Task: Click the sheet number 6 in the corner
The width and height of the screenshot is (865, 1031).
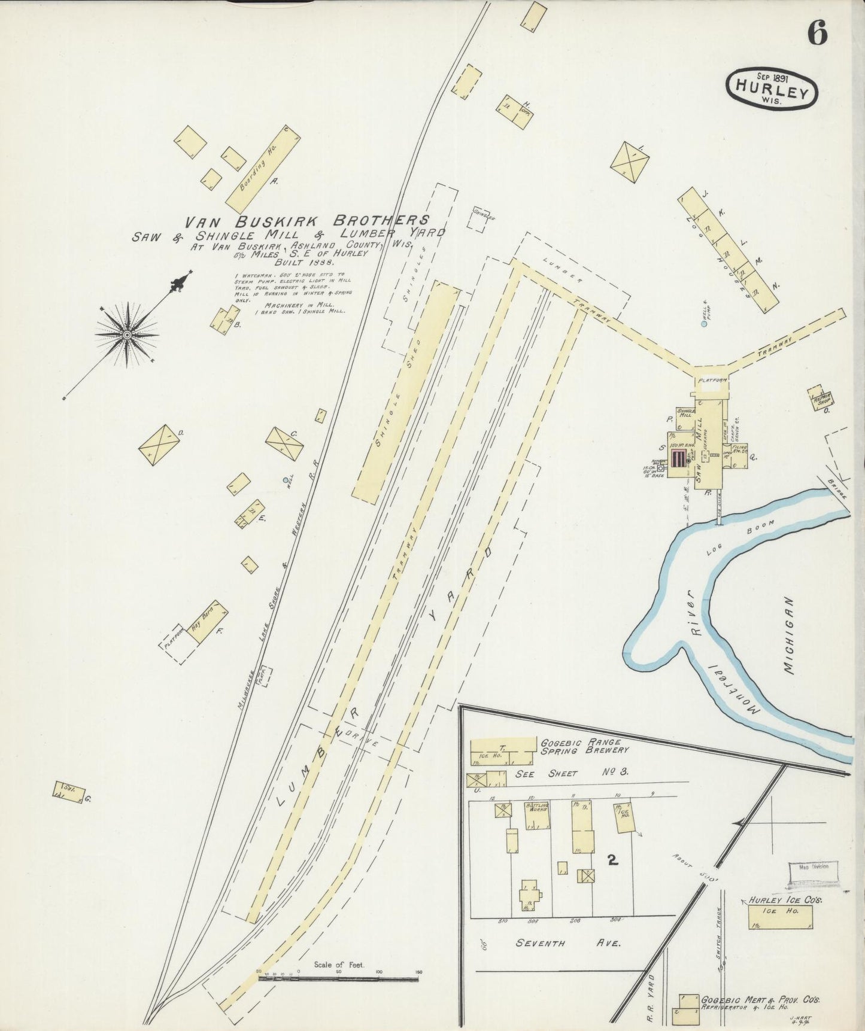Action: point(817,33)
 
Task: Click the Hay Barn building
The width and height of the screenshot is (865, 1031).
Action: point(205,623)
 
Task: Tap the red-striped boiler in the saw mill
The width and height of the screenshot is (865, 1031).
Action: point(679,459)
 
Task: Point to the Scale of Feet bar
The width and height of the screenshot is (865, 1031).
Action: point(338,979)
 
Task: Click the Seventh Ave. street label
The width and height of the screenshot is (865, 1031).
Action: point(567,943)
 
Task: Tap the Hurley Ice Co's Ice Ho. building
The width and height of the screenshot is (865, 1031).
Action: point(781,917)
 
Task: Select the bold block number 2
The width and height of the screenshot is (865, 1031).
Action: point(612,860)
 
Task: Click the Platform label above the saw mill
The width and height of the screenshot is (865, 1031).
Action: point(711,380)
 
